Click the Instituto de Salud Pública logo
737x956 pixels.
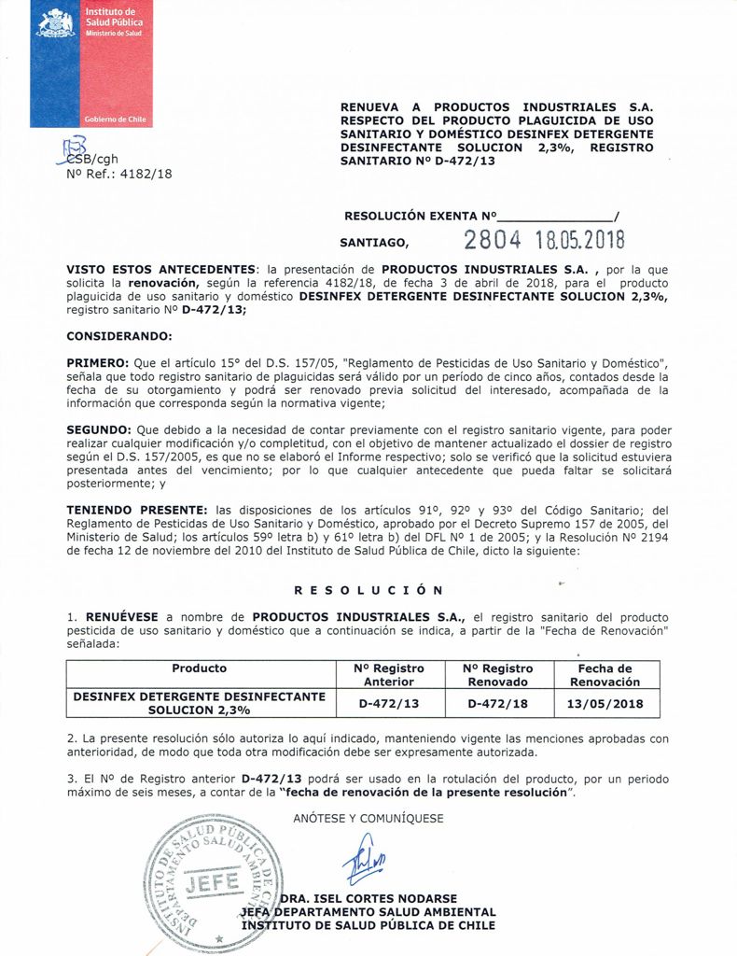(88, 63)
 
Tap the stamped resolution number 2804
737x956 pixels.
(494, 240)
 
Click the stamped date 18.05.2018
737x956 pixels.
(585, 240)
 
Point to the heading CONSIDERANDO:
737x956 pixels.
(119, 335)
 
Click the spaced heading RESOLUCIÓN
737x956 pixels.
(368, 590)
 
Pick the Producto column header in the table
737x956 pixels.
(200, 668)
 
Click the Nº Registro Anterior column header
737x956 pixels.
(389, 675)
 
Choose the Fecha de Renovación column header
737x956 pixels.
(605, 675)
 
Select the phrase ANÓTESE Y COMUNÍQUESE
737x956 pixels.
(368, 819)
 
